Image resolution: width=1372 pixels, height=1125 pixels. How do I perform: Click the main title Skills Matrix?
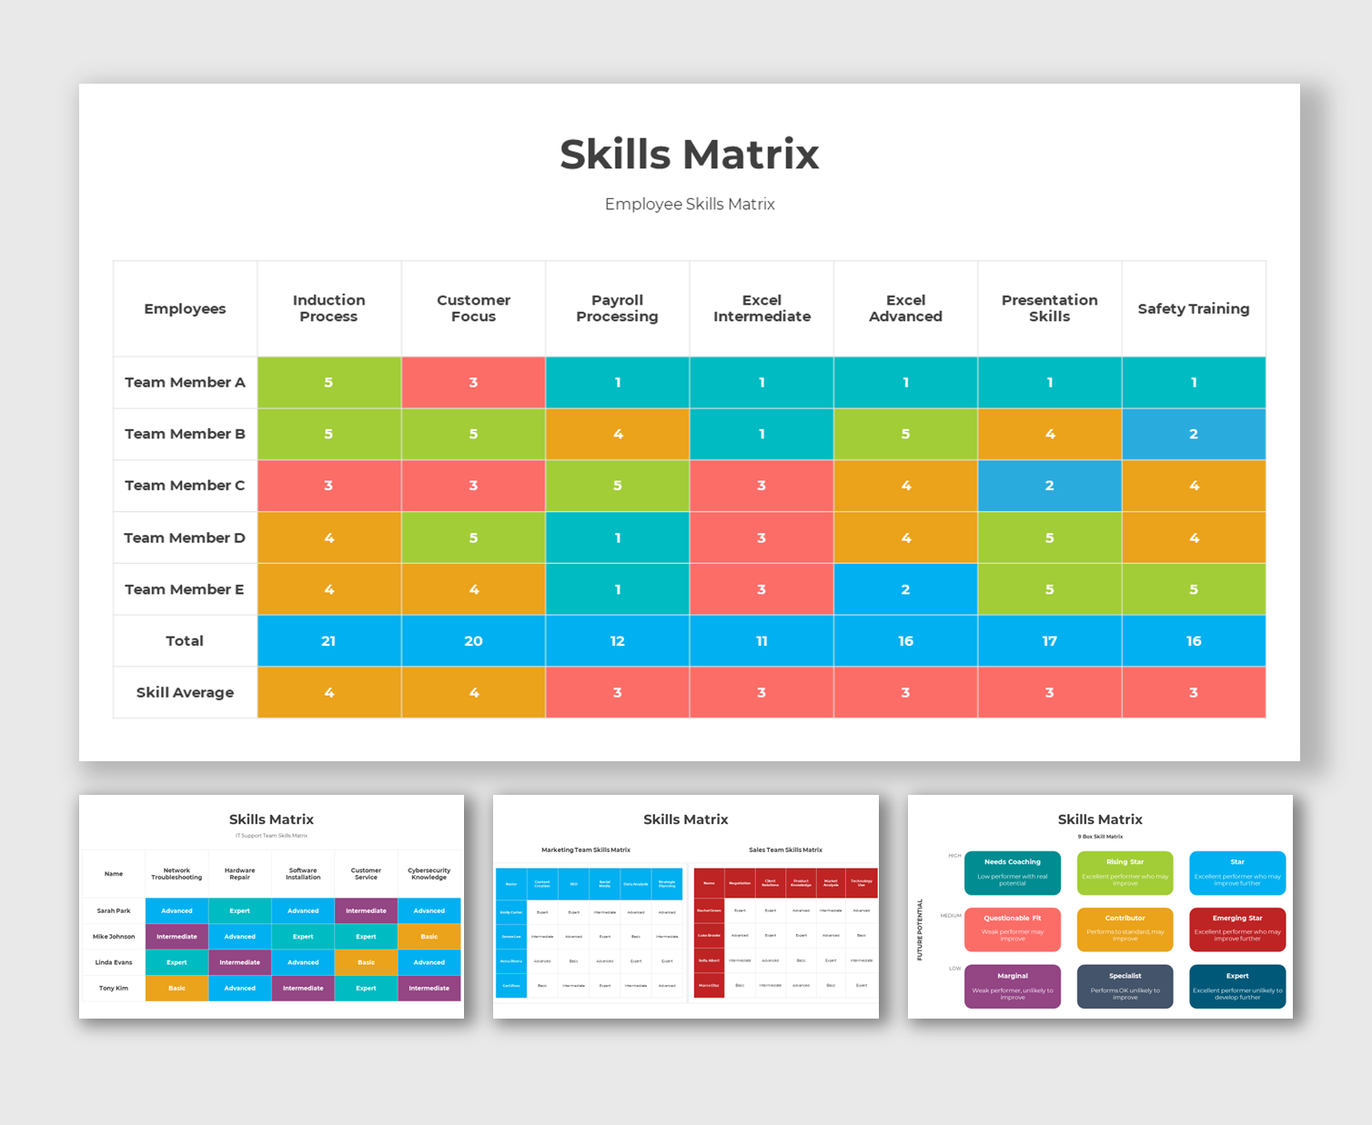tap(689, 155)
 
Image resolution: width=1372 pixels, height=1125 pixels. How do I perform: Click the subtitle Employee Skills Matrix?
tap(690, 205)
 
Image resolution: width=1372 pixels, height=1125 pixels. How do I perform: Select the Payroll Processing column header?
tap(617, 308)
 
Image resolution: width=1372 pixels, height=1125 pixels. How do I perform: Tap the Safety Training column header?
tap(1193, 308)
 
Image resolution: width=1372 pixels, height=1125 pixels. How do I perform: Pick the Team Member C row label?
tap(185, 486)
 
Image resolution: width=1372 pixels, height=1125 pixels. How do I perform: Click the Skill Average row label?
tap(185, 692)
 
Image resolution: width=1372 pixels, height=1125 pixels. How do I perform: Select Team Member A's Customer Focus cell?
tap(473, 382)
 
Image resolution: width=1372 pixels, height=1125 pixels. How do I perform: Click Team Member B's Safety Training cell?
tap(1193, 434)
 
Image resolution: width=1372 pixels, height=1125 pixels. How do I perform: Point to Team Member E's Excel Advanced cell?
tap(905, 589)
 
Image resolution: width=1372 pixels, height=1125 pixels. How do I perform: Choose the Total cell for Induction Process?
tap(328, 641)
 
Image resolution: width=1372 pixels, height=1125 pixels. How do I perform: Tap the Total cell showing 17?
tap(1049, 641)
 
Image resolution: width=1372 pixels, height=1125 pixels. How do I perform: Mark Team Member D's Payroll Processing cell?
tap(617, 537)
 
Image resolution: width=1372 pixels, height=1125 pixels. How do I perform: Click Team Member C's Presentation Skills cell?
tap(1049, 486)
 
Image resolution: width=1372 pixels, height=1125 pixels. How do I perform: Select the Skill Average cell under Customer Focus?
tap(473, 692)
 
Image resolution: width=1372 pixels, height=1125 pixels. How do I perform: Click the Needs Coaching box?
tap(1012, 872)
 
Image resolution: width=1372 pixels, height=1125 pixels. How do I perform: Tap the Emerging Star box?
tap(1236, 929)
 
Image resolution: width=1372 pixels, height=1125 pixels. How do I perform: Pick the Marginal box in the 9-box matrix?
tap(1012, 986)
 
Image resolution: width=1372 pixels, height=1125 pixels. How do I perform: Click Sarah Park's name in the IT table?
tap(114, 910)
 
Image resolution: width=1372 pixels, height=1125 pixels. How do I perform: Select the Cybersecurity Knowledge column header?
tap(429, 874)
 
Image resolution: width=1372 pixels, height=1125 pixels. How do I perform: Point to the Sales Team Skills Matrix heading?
tap(785, 849)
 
